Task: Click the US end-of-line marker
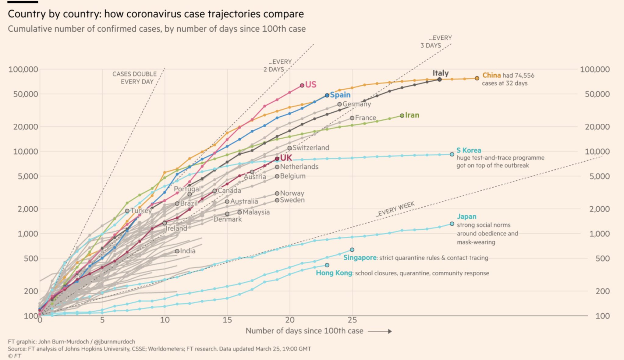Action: click(x=302, y=85)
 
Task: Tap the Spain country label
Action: click(x=340, y=95)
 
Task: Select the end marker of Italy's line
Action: click(x=439, y=79)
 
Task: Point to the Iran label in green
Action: click(x=412, y=115)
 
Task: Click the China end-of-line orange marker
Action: click(x=477, y=78)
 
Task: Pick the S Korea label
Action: click(x=469, y=150)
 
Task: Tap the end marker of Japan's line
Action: click(x=452, y=224)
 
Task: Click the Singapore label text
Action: click(x=360, y=258)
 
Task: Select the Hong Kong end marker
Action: click(x=327, y=265)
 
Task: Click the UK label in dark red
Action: click(x=286, y=158)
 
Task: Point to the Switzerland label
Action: click(x=311, y=148)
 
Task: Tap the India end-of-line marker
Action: click(x=177, y=251)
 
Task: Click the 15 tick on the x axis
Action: click(x=227, y=320)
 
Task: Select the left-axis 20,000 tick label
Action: click(x=26, y=126)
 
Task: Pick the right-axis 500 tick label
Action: click(x=603, y=259)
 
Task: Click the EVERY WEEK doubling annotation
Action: click(x=395, y=209)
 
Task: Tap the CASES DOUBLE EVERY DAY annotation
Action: click(x=134, y=78)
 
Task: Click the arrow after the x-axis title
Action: click(x=380, y=331)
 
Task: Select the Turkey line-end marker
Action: click(x=127, y=211)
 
